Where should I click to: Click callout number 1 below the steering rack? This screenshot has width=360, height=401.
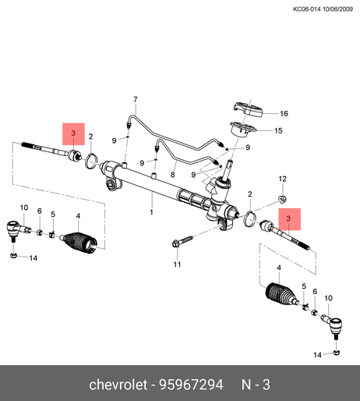[x=151, y=212]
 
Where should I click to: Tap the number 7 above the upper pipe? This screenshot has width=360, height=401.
[x=136, y=100]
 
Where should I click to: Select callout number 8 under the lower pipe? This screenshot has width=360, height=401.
[x=173, y=175]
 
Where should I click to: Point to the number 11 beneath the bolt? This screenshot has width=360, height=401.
[x=177, y=264]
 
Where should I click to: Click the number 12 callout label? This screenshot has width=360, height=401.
[x=283, y=179]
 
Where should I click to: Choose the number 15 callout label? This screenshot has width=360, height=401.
[x=278, y=130]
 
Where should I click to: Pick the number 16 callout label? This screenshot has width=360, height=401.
[x=284, y=113]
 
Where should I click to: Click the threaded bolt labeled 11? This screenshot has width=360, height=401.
[x=182, y=241]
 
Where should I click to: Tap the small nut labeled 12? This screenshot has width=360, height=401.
[x=282, y=200]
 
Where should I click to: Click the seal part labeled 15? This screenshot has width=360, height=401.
[x=243, y=129]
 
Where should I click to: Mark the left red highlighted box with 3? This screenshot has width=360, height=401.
[x=73, y=134]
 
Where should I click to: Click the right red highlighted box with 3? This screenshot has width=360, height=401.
[x=290, y=219]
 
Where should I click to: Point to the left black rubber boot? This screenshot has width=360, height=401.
[x=79, y=242]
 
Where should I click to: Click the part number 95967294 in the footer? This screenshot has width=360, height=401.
[x=191, y=385]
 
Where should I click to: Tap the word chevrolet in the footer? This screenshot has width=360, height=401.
[x=118, y=385]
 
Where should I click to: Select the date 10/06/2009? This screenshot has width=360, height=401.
[x=337, y=9]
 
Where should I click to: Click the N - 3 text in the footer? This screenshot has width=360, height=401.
[x=256, y=385]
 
